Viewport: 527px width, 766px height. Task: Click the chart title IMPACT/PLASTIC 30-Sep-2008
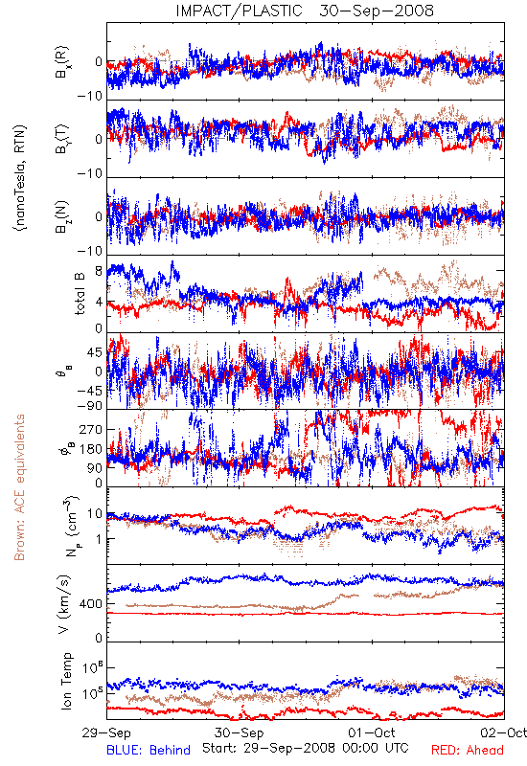305,11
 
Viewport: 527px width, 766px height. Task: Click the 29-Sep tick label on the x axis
106,732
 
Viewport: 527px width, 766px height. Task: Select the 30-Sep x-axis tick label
239,732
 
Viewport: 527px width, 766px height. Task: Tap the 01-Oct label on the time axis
372,732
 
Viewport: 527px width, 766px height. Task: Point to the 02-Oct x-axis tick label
504,732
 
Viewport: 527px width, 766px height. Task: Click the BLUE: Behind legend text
149,750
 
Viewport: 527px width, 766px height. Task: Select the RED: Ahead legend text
468,750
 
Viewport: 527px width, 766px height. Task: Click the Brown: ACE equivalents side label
19,487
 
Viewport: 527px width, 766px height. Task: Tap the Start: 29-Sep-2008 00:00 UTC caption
306,748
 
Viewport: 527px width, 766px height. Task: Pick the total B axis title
80,293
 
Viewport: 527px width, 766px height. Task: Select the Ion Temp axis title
66,681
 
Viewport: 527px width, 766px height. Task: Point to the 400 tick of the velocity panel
90,604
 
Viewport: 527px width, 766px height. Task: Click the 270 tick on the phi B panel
90,429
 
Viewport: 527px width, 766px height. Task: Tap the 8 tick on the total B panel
99,270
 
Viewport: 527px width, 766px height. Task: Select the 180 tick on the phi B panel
90,449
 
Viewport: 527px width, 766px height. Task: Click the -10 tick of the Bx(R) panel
89,96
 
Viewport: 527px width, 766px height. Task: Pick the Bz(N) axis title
62,216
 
